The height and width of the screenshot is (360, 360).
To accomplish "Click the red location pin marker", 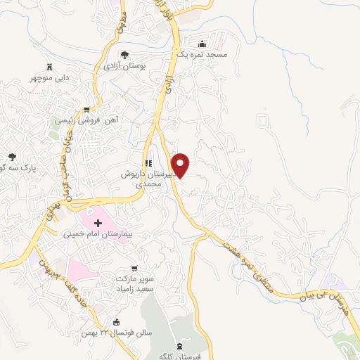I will click(181, 165).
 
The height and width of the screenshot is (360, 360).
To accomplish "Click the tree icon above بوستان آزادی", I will click(124, 54).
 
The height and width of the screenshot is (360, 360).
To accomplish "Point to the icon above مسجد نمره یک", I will click(202, 44).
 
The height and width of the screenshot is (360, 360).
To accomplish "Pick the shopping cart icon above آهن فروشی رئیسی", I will click(86, 109).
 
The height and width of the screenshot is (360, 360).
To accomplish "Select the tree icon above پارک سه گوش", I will click(12, 157).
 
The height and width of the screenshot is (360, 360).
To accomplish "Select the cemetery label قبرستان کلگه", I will click(180, 356).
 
